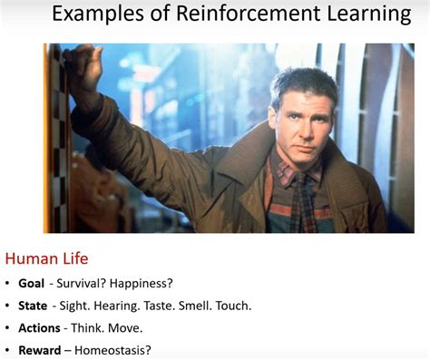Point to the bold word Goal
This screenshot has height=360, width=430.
31,283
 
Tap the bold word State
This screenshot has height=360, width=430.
32,306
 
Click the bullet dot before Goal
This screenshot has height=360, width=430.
8,284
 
